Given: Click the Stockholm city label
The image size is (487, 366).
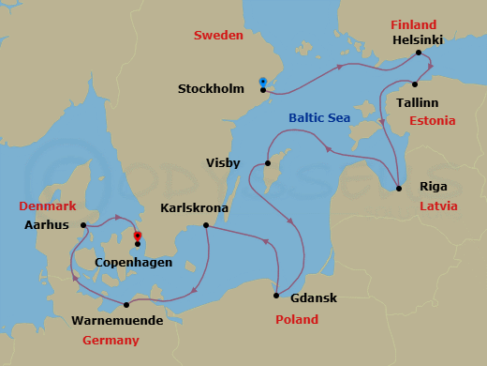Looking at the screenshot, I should coord(211,90).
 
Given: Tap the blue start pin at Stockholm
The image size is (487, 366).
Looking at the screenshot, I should coord(263,81).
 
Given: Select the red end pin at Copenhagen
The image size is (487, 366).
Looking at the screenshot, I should coord(138,236).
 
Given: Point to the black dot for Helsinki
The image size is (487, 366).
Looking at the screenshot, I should coord(419,53).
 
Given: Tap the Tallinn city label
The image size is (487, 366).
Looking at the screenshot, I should coord(416,99).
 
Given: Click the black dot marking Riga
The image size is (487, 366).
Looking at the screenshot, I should coord(400,190).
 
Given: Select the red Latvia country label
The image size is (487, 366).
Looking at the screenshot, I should coord(438,206).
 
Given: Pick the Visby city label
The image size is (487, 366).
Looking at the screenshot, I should coord(224,162).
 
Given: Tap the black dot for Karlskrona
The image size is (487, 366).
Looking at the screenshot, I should coord(205,225).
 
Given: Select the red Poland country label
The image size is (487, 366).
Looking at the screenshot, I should coord(297,320).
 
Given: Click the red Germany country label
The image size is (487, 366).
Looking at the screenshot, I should coord(111,340).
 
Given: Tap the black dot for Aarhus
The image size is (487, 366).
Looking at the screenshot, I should coord(84,225).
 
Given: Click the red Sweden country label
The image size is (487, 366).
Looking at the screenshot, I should coord(218,36).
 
